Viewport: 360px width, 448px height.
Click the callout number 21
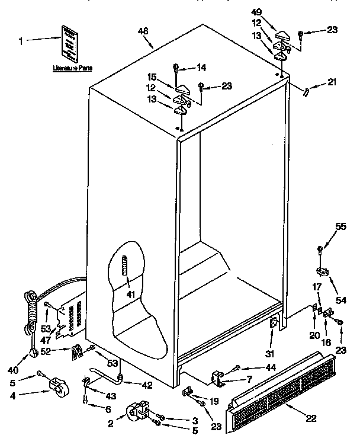pyautogui.click(x=332, y=82)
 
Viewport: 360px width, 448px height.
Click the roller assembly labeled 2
pyautogui.click(x=137, y=412)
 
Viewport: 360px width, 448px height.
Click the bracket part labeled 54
pyautogui.click(x=323, y=272)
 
